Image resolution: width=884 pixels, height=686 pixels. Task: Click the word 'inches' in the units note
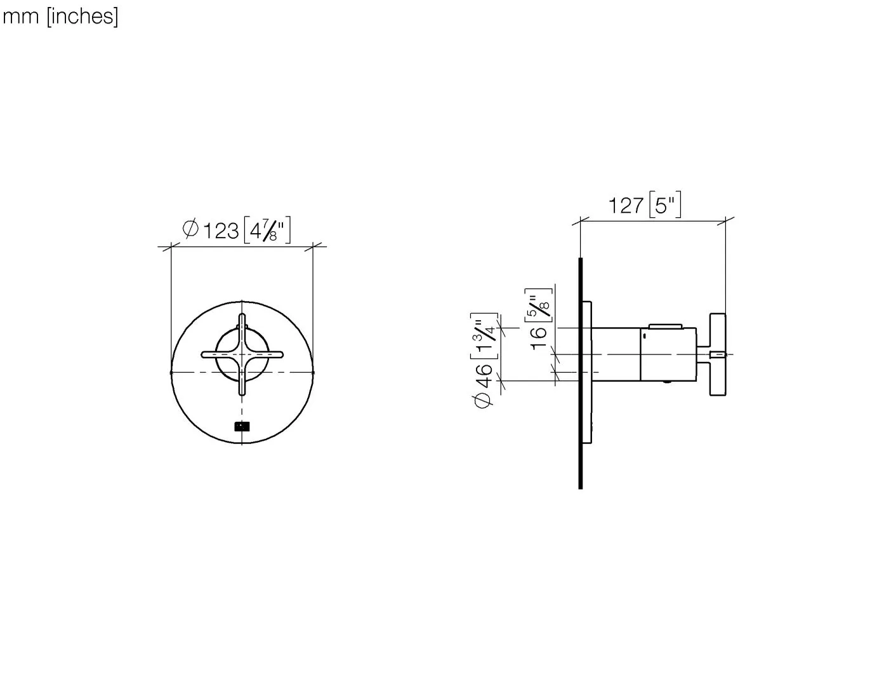click(82, 17)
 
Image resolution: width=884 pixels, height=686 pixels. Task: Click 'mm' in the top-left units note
click(22, 17)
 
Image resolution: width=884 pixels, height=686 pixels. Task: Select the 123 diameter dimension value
click(221, 230)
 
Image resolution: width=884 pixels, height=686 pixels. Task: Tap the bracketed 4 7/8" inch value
click(267, 230)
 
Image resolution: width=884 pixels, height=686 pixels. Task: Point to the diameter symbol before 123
click(190, 229)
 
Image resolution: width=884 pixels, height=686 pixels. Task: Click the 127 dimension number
click(626, 205)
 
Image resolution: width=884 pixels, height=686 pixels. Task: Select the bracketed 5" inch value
click(665, 205)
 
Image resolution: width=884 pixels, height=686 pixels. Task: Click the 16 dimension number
click(538, 337)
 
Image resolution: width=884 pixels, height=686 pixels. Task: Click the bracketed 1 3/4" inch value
click(485, 336)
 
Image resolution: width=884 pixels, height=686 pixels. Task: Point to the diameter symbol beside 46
click(484, 400)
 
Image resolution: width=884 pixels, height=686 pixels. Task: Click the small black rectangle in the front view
click(242, 427)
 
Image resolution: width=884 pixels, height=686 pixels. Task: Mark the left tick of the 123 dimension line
click(171, 246)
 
